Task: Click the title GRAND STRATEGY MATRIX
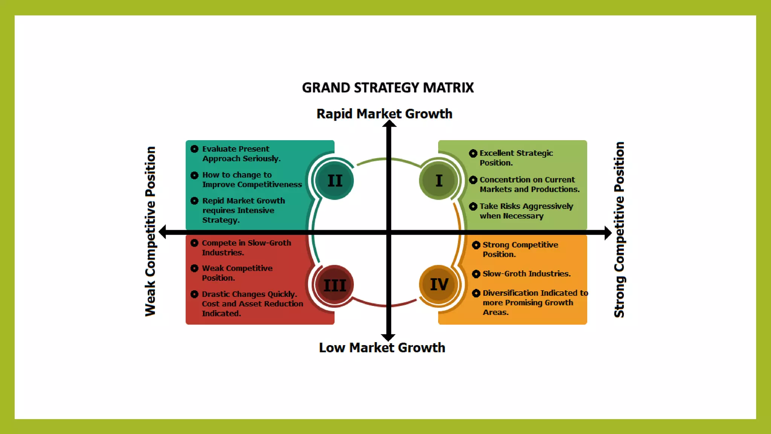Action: click(x=388, y=88)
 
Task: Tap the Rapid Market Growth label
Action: click(x=384, y=114)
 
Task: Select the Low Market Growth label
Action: click(x=382, y=348)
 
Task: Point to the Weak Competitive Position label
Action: click(x=150, y=231)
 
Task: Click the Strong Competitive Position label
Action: click(x=619, y=230)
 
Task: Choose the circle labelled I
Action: click(x=439, y=181)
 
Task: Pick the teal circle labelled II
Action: click(x=334, y=181)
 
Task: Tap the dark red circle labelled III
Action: click(x=334, y=285)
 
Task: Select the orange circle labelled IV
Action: click(x=439, y=284)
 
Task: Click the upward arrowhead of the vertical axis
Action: click(x=389, y=124)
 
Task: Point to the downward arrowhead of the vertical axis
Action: click(x=388, y=337)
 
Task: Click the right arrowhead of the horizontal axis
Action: click(x=608, y=232)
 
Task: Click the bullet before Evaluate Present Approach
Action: click(x=194, y=149)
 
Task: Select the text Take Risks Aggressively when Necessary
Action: click(x=526, y=211)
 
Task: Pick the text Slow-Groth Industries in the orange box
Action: click(x=526, y=274)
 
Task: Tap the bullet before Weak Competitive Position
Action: click(x=194, y=268)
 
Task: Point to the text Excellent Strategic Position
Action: click(x=516, y=158)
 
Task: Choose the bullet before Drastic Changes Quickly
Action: click(x=194, y=294)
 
